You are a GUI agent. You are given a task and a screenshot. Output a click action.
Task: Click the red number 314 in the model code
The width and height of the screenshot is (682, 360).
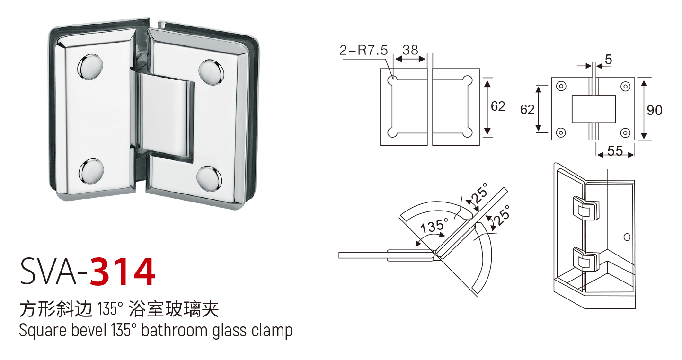coord(122,272)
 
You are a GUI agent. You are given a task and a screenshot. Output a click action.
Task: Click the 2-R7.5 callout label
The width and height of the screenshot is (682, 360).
coord(363,50)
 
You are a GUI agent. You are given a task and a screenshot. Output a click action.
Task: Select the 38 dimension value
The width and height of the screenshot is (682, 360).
coord(410,50)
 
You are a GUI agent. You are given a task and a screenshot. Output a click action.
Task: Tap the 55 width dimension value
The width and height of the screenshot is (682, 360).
coord(615,151)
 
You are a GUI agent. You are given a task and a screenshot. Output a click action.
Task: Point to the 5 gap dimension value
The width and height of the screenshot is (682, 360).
coord(609,60)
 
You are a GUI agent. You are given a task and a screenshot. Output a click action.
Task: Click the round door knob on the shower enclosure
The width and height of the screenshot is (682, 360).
coord(628,236)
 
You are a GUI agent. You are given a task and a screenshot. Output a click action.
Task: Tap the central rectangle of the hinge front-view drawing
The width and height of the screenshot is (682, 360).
coord(593,109)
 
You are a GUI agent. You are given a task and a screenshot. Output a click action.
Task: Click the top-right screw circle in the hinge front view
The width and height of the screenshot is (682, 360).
coord(625,86)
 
